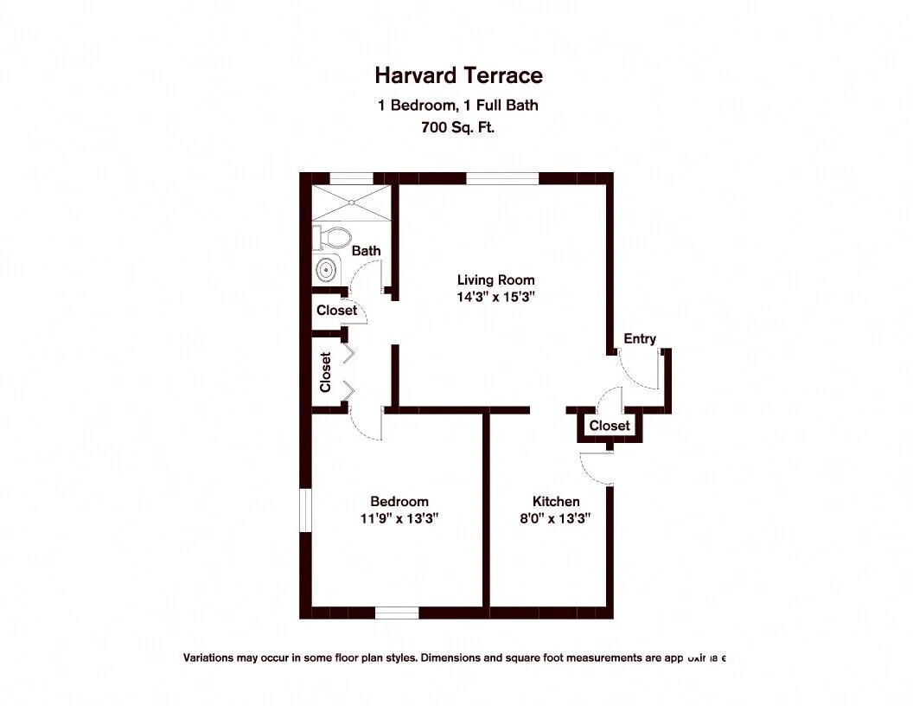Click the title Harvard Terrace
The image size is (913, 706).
458,75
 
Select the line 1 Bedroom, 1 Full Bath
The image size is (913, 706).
458,106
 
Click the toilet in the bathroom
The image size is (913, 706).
334,235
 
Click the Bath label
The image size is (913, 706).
366,251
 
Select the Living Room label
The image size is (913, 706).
495,279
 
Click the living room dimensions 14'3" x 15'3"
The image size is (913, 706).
496,297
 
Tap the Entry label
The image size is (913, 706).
640,338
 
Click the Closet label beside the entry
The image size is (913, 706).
610,426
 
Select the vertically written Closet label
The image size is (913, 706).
326,372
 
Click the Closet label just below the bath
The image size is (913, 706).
336,310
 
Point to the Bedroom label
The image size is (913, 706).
399,501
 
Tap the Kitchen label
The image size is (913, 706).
556,501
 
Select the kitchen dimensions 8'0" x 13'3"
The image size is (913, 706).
556,518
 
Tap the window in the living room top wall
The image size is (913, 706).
502,178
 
